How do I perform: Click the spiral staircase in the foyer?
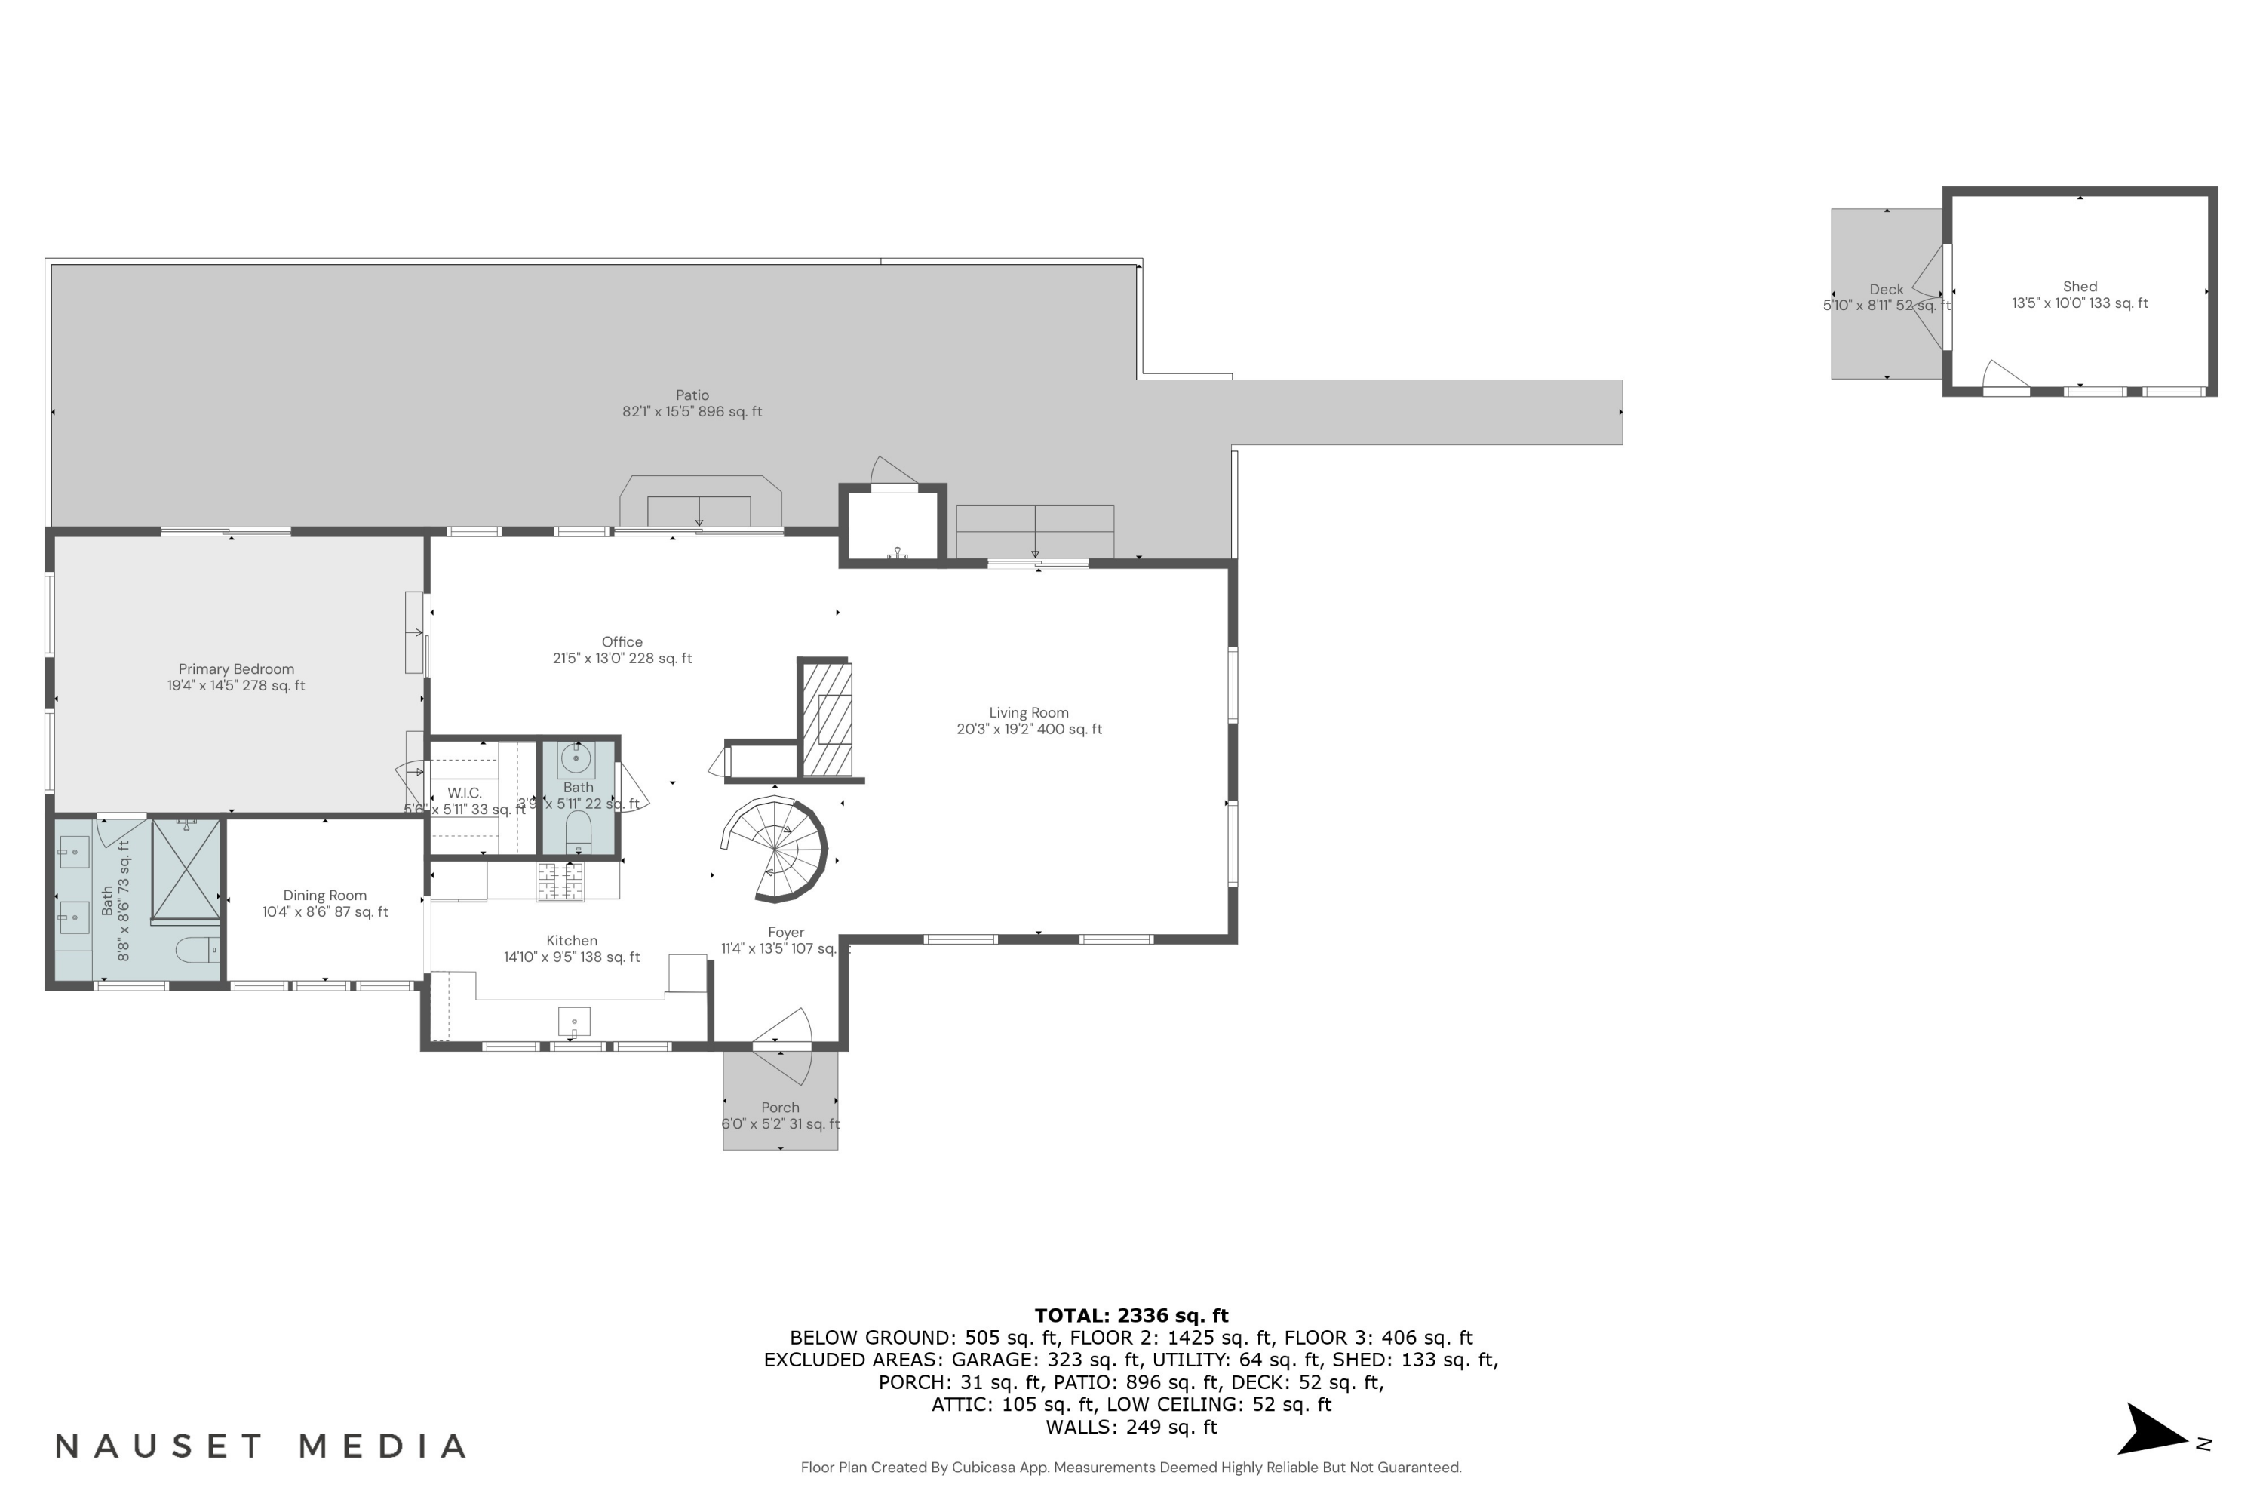(x=775, y=849)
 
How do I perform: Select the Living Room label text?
(x=1029, y=713)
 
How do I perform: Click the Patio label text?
(x=692, y=395)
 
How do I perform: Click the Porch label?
(x=779, y=1108)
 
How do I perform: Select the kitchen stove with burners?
(x=560, y=881)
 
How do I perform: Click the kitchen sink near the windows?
(x=574, y=1021)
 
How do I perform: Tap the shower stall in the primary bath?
(x=186, y=870)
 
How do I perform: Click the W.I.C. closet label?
(x=464, y=793)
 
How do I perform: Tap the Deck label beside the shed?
(x=1886, y=290)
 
